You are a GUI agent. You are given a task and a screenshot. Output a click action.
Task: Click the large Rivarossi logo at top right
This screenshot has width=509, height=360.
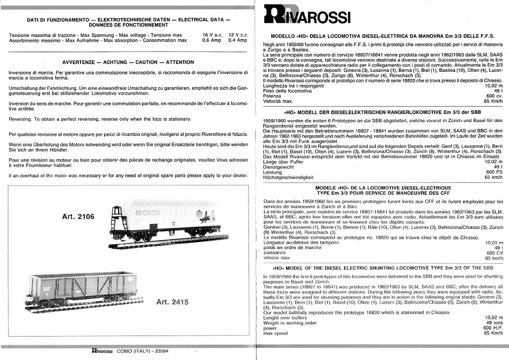pyautogui.click(x=307, y=15)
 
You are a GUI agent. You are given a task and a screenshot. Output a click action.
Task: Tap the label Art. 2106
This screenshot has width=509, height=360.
pyautogui.click(x=78, y=216)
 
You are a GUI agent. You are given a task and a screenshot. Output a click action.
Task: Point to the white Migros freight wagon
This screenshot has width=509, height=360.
pyautogui.click(x=166, y=220)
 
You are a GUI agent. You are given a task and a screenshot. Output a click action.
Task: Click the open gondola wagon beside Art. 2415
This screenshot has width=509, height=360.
pyautogui.click(x=81, y=289)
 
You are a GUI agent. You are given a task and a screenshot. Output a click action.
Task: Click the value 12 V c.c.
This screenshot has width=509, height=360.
pyautogui.click(x=238, y=35)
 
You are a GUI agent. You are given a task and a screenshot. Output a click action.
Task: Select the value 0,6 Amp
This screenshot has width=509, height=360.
pyautogui.click(x=212, y=40)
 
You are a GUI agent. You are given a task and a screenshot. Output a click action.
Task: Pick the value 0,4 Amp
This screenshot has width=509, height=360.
pyautogui.click(x=238, y=40)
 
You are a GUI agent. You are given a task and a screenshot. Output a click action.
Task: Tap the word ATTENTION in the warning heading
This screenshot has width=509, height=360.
pyautogui.click(x=179, y=62)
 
